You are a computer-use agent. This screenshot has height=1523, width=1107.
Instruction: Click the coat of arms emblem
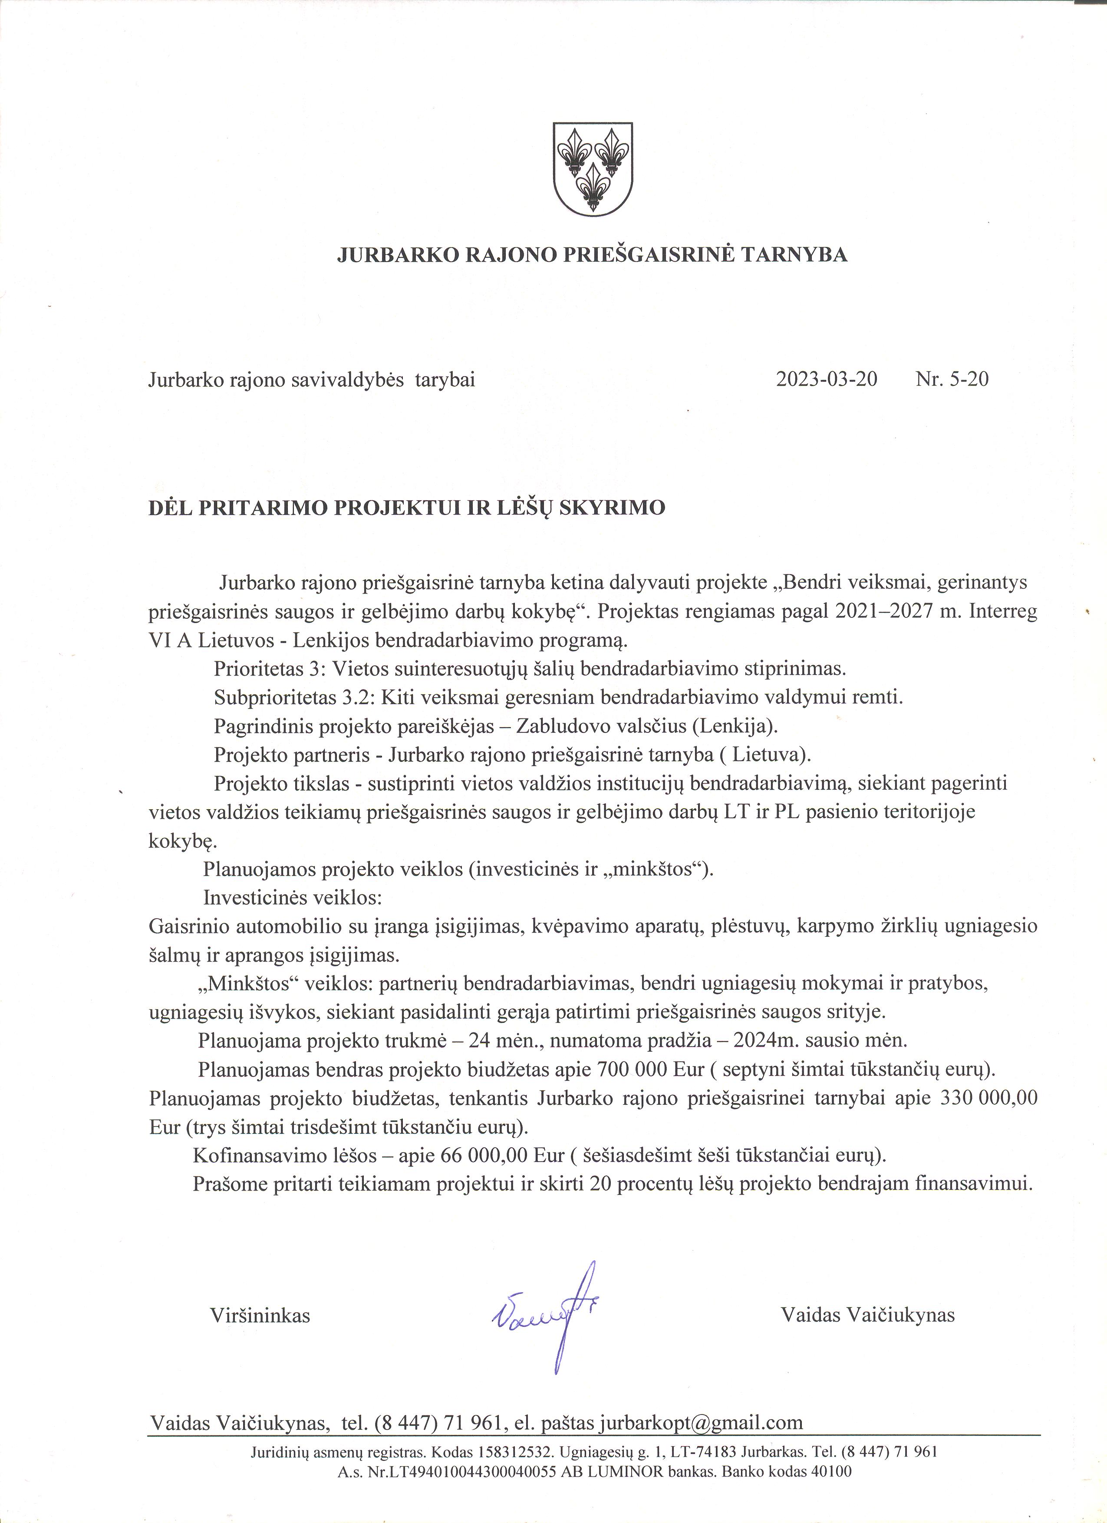pos(592,168)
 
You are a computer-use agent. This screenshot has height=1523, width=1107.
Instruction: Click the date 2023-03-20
pos(826,379)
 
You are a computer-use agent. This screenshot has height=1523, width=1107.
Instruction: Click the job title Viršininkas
pos(260,1315)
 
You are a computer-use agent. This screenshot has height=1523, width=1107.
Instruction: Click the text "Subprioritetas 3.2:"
pos(296,698)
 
